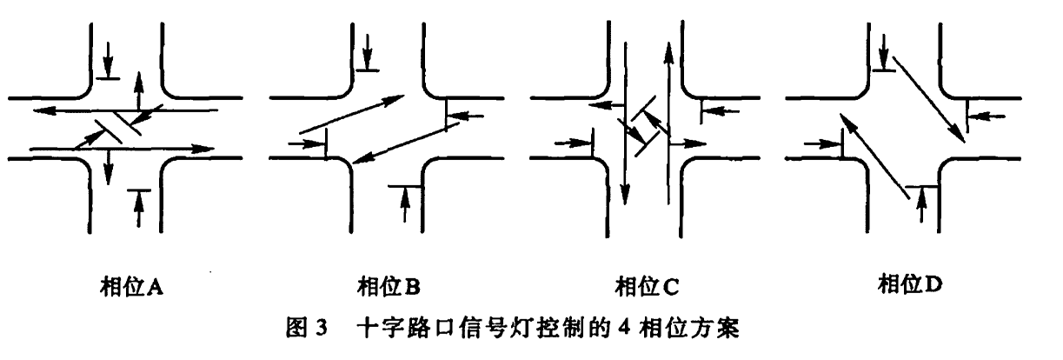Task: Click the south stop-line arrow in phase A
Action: [138, 205]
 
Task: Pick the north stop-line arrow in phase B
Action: [369, 50]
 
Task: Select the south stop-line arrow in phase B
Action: [404, 203]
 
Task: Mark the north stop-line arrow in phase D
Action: [884, 54]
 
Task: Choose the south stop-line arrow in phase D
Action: [922, 203]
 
